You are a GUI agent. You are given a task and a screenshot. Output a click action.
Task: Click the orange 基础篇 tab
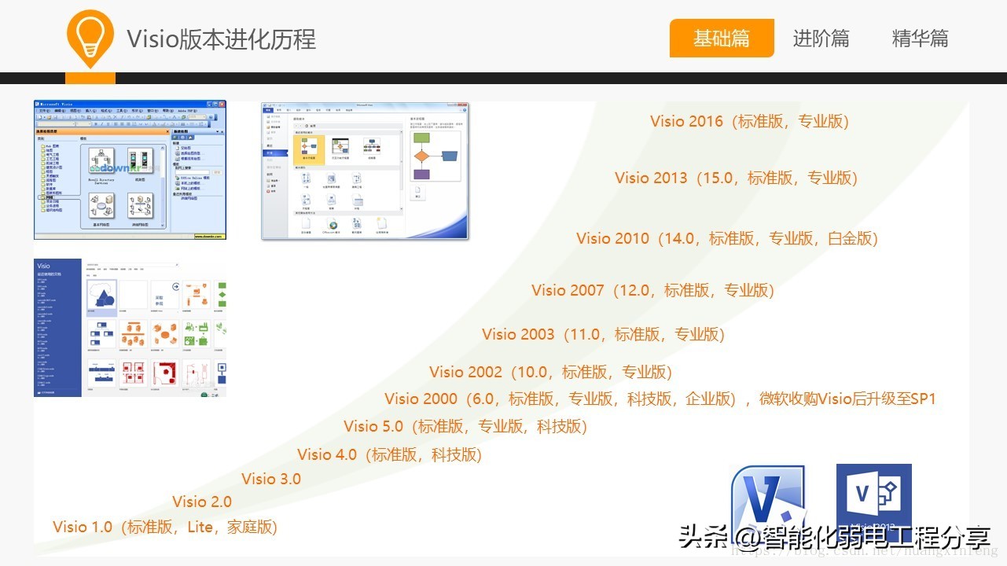pos(722,38)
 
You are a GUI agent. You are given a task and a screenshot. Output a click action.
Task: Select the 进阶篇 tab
pos(821,38)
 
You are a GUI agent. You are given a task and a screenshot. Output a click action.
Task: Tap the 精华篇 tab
pos(920,38)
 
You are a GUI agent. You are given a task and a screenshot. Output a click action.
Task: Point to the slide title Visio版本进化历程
pos(221,39)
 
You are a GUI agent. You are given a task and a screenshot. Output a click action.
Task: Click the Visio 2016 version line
pos(749,121)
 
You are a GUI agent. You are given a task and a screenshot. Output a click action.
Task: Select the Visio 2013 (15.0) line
pos(736,178)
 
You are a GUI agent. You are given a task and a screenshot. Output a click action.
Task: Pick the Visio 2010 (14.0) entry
pos(726,238)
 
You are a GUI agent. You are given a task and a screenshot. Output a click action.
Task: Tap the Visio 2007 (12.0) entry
pos(652,290)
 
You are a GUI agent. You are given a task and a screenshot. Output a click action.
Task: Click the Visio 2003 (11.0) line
pos(603,334)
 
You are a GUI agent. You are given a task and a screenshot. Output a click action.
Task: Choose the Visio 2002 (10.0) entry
pos(550,372)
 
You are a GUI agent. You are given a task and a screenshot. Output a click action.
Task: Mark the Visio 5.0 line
pos(465,426)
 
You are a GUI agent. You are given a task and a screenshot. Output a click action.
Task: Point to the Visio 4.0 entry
pos(389,454)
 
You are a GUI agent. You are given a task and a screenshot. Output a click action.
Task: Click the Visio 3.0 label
pos(270,479)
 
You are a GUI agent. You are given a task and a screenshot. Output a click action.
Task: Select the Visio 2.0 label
pos(202,502)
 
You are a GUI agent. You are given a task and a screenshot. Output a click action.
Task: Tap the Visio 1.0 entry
pos(165,527)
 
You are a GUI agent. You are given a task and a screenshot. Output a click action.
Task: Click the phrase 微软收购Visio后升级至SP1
pos(847,399)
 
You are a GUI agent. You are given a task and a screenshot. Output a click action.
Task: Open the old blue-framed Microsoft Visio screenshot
pos(130,170)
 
